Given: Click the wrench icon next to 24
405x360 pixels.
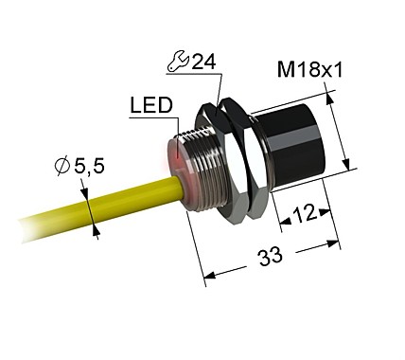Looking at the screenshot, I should coord(174,63).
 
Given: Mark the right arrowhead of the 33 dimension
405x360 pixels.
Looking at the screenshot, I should coord(336,243).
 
